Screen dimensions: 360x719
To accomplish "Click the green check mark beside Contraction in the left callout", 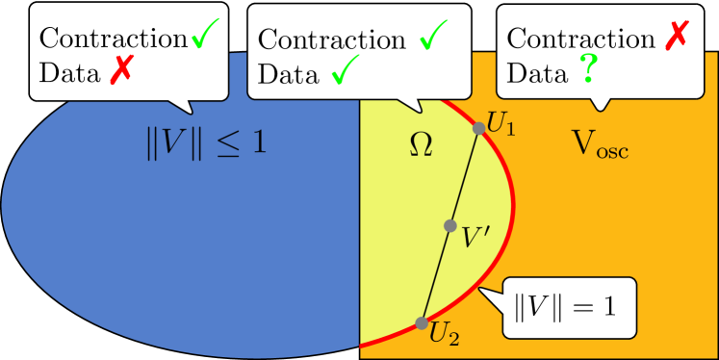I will point(204,35).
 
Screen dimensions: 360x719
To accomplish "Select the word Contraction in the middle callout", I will point(330,40).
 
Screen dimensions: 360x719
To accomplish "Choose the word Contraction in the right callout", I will point(579,40).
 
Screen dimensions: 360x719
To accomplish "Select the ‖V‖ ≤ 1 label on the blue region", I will point(203,144).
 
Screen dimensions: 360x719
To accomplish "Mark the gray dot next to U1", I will point(478,128).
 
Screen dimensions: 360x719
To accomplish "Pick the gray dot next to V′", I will point(449,225).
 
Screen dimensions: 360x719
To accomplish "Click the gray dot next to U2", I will point(422,323).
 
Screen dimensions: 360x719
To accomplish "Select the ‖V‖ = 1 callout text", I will point(565,308).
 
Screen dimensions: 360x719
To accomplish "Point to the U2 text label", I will point(444,337).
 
